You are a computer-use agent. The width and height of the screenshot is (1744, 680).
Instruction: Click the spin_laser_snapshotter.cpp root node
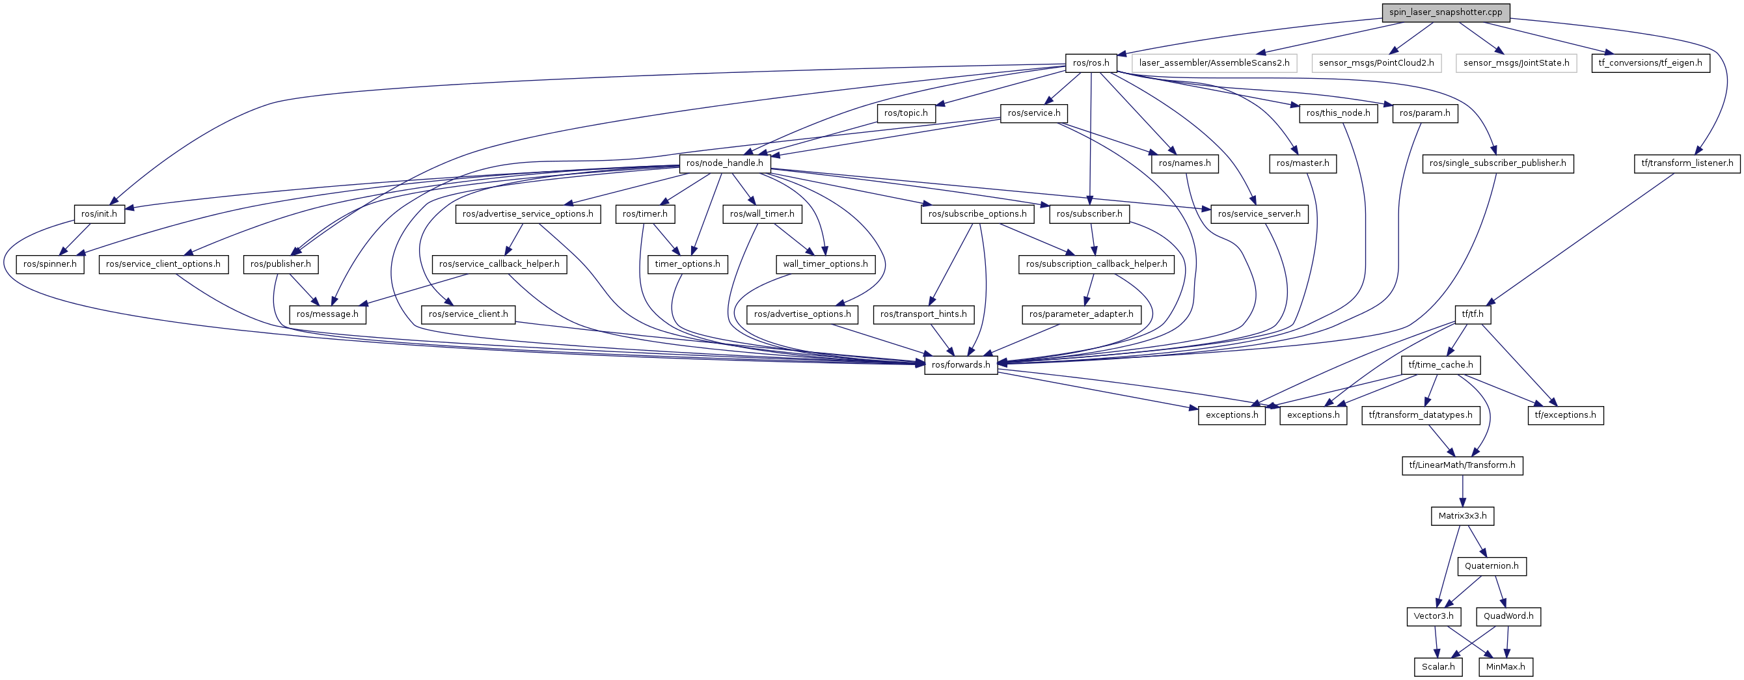tap(1445, 12)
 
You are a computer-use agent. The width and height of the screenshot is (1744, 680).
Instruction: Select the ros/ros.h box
tap(1091, 63)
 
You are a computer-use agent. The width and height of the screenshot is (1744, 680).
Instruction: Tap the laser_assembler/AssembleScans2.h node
tap(1214, 63)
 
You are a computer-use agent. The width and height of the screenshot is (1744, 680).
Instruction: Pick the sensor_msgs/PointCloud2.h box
tap(1376, 63)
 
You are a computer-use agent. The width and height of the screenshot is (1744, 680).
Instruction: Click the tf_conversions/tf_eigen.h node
tap(1650, 63)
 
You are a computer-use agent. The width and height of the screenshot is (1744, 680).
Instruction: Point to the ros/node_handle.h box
tap(724, 163)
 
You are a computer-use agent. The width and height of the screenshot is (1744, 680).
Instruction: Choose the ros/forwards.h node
tap(961, 365)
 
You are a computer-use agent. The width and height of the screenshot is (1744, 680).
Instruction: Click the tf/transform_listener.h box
tap(1687, 163)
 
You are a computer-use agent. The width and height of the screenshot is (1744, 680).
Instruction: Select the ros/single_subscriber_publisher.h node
tap(1497, 163)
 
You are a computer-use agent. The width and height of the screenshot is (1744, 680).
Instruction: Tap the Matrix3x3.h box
tap(1462, 516)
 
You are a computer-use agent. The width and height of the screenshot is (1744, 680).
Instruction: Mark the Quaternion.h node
tap(1492, 566)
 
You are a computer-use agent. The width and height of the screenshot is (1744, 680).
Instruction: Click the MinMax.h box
tap(1505, 667)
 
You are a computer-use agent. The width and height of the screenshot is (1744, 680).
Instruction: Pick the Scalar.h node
tap(1438, 667)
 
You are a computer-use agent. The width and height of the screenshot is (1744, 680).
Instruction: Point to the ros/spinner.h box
tap(50, 264)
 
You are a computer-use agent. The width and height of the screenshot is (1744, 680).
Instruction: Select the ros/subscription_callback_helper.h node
tap(1096, 264)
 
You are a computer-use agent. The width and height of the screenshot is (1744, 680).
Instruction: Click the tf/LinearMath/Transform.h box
tap(1462, 465)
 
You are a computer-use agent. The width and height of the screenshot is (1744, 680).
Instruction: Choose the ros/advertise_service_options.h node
tap(527, 214)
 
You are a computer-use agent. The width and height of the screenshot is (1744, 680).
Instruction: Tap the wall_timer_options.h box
tap(824, 264)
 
